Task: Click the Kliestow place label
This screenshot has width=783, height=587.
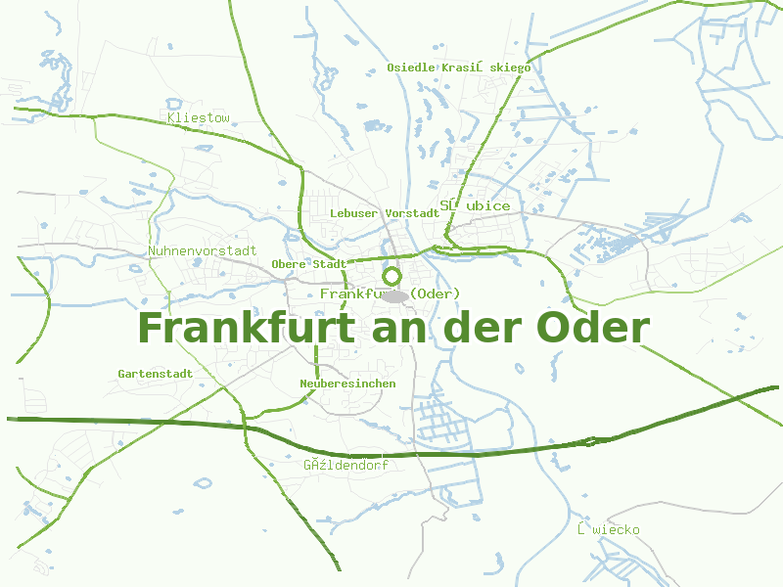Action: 199,118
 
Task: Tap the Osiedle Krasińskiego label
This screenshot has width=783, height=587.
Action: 459,68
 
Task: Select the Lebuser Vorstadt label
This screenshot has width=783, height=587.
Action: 385,212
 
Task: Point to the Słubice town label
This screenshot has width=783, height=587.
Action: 475,205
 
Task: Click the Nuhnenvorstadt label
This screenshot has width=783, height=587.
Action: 203,250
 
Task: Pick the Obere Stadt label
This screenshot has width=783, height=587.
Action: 309,264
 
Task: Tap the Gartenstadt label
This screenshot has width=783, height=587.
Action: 156,374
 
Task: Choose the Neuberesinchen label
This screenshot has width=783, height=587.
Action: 347,384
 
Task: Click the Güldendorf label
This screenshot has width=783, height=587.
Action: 345,465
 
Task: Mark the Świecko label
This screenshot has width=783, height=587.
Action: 609,529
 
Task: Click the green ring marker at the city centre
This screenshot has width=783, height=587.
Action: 391,276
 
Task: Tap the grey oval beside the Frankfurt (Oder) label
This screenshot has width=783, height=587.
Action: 394,295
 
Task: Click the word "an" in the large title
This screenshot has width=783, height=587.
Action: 401,328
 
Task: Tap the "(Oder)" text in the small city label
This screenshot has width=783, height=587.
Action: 435,293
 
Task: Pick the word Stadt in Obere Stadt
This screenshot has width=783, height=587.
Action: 329,264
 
